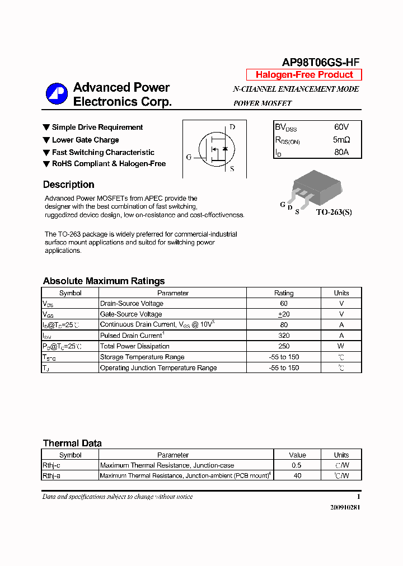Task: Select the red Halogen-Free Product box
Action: point(304,75)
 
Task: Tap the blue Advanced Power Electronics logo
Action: point(57,93)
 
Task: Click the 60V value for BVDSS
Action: point(341,128)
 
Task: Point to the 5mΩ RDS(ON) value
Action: point(341,140)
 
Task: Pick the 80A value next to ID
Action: point(341,152)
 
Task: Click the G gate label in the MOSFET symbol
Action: point(189,157)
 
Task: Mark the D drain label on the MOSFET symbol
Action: point(232,127)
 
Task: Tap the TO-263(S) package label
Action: point(334,213)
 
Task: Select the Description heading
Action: point(68,185)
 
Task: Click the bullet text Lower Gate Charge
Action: point(85,140)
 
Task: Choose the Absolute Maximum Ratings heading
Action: point(104,281)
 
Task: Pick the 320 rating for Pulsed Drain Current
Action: point(284,336)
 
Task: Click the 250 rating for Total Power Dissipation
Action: point(284,346)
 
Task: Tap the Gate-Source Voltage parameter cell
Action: point(131,314)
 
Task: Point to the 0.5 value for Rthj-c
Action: point(297,465)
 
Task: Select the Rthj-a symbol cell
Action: point(51,476)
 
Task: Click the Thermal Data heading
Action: point(72,443)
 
